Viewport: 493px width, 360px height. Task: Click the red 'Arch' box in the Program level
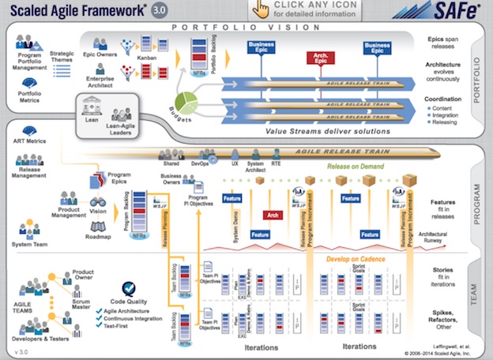click(273, 215)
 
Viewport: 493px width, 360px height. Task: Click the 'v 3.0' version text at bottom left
click(17, 352)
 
